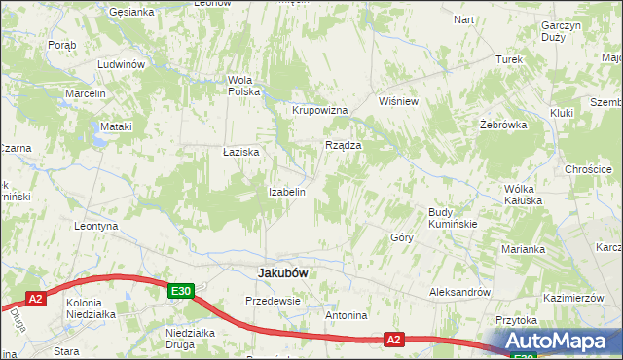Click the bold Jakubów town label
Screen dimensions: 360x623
point(282,273)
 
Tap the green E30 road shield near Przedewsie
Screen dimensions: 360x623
point(180,290)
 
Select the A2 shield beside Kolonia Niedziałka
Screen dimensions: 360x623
point(36,299)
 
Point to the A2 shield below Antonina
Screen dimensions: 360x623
point(393,340)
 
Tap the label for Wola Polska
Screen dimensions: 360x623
point(243,86)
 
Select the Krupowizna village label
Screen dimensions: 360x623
point(320,110)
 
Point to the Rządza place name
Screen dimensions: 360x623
point(343,145)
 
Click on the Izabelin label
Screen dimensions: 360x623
point(287,192)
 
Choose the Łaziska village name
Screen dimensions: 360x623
point(240,153)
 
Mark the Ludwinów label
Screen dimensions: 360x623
point(121,64)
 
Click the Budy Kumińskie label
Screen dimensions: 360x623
point(453,218)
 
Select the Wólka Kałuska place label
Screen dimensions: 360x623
point(529,195)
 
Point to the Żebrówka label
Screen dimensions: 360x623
point(503,126)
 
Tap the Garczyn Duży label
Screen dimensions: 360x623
point(560,31)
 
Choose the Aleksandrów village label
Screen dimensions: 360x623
point(459,292)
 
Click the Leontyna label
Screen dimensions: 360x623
point(96,226)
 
